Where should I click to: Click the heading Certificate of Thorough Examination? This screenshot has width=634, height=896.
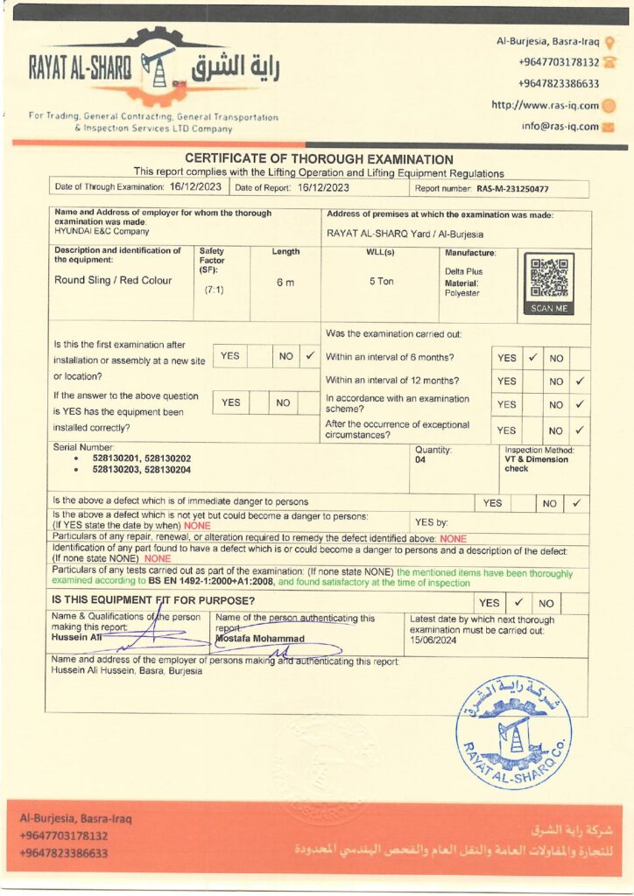[319, 159]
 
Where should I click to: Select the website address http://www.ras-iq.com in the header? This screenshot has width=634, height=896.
[545, 106]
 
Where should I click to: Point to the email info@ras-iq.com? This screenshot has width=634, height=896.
[560, 126]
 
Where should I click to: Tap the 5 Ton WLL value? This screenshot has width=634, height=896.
[381, 281]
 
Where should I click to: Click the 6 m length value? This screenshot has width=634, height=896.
[285, 282]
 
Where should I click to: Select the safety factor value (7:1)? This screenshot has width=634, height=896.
[214, 290]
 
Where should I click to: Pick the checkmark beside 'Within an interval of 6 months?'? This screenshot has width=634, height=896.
[532, 357]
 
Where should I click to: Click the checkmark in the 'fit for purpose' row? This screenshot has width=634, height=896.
[518, 603]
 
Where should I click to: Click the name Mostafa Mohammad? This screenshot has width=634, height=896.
[260, 639]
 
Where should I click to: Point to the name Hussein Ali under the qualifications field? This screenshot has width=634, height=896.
[73, 638]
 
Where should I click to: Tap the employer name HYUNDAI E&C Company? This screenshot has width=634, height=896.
[102, 232]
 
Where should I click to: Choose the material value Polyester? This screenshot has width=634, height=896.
[462, 293]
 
